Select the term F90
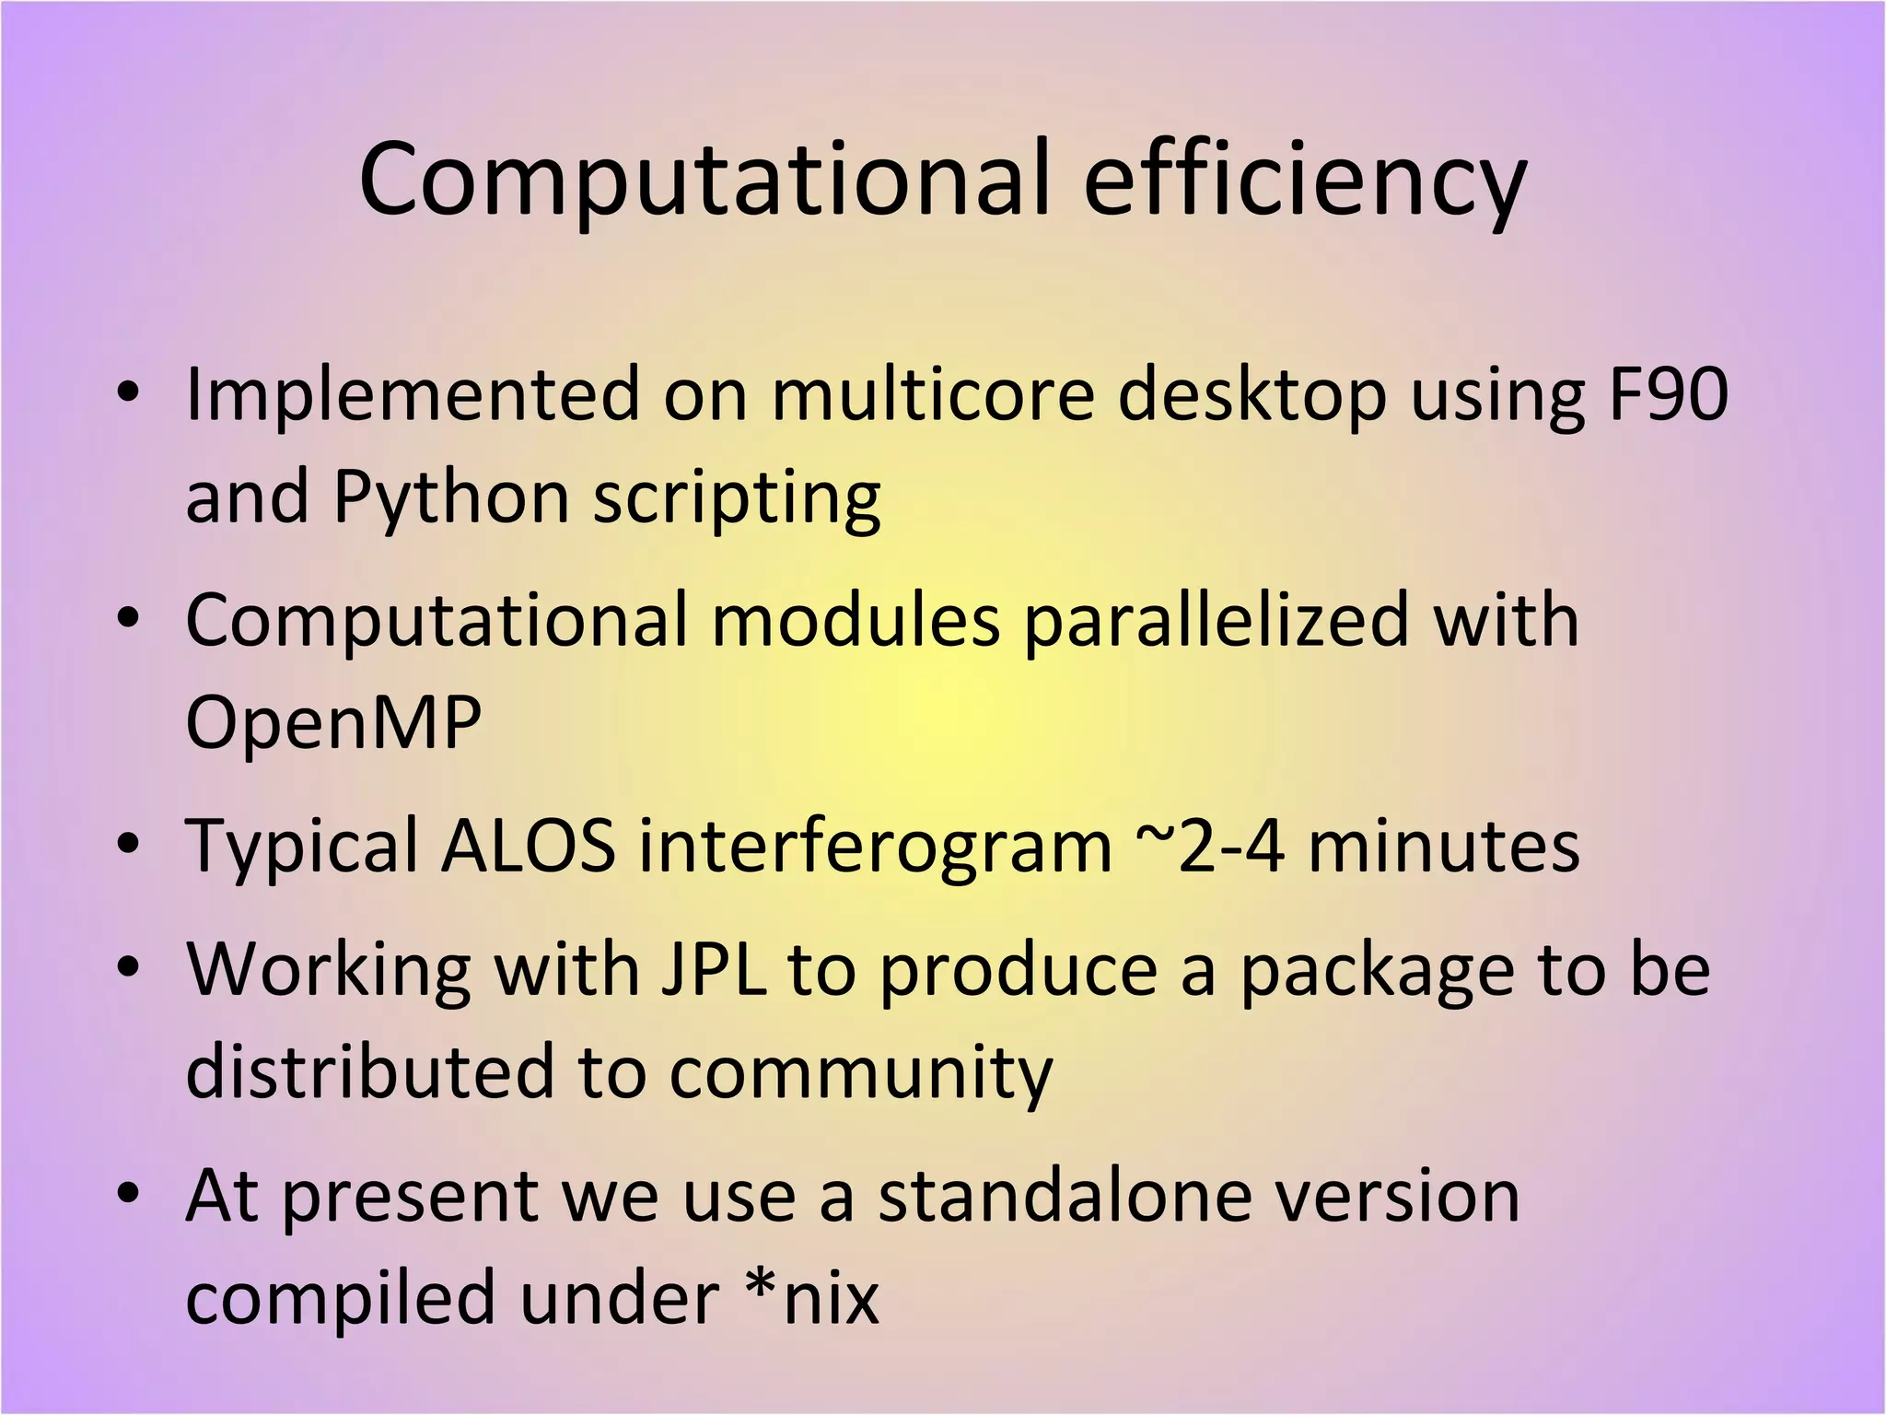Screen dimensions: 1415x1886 [1667, 394]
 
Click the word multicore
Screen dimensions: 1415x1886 [932, 394]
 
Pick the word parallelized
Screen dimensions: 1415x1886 [1217, 621]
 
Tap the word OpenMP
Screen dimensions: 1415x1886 [333, 723]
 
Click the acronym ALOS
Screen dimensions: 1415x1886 [528, 846]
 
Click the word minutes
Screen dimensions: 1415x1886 [1443, 846]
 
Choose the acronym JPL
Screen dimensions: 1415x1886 [715, 969]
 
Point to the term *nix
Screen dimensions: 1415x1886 [811, 1297]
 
